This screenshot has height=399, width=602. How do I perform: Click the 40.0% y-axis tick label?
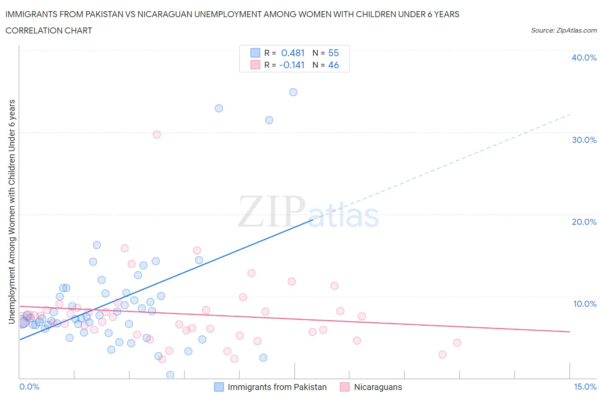(584, 57)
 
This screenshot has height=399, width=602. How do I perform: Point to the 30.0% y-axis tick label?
(584, 140)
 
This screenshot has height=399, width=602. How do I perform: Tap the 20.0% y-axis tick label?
(584, 222)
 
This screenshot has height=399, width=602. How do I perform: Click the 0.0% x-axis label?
(29, 387)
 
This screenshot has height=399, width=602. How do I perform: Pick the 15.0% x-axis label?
(585, 387)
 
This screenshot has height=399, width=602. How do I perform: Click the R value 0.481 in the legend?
(292, 53)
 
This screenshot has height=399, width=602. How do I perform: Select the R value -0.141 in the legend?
(292, 65)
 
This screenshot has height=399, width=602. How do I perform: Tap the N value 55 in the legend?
(333, 53)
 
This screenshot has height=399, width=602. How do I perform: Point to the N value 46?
(333, 65)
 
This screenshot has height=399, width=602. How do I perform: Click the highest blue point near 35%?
(293, 92)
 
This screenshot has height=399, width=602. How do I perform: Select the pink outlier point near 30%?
(157, 135)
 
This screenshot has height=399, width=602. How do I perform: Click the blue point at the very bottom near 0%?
(170, 375)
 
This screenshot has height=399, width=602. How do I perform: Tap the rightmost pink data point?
(457, 342)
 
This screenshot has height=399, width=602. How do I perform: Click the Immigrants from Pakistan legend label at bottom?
(277, 387)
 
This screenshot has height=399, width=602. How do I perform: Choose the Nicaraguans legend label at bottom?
(378, 387)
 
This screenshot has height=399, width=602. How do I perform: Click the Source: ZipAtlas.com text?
(563, 30)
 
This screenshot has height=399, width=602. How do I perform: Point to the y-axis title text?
(12, 212)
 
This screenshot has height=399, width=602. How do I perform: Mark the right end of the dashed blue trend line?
(570, 115)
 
